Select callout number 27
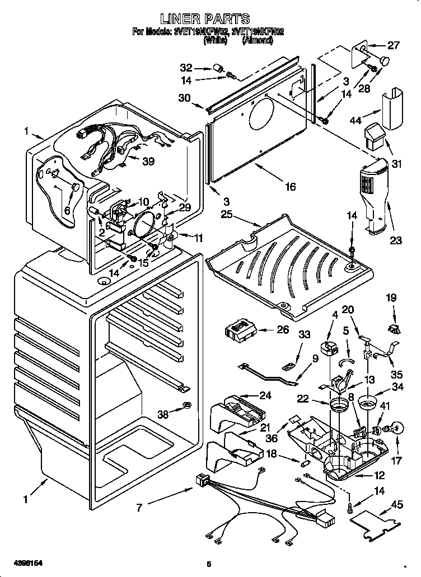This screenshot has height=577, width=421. [x=394, y=45]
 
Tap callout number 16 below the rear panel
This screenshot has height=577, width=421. [x=289, y=187]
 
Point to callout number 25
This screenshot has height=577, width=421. [x=226, y=215]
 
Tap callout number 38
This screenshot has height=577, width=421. [x=163, y=415]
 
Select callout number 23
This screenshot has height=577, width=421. [x=396, y=241]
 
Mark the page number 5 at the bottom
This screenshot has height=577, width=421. [x=208, y=563]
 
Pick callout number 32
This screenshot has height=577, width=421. [x=186, y=68]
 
